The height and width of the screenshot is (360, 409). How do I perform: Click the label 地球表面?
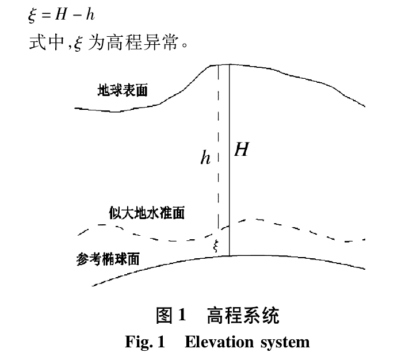pos(122,91)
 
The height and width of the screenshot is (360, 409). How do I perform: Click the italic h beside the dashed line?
pos(205,159)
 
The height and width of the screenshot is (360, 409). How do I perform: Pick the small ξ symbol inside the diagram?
pos(216,246)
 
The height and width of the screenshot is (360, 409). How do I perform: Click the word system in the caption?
pos(285,343)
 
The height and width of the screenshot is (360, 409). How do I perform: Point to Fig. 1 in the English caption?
pos(144,343)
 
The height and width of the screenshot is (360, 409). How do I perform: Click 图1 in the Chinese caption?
pos(171,316)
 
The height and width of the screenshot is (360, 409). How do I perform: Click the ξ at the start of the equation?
pos(32,15)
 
